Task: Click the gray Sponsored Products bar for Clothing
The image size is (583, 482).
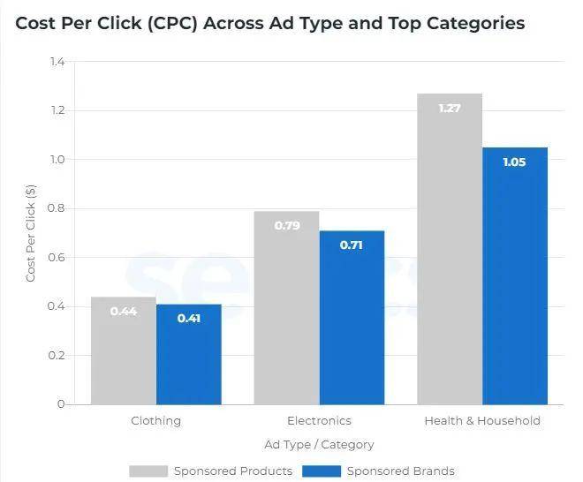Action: coord(124,353)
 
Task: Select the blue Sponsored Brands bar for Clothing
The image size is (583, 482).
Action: coord(189,358)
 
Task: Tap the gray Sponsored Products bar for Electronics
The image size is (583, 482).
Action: coord(286,309)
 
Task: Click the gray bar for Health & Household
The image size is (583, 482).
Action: coord(450,256)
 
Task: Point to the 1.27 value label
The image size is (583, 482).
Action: coord(450,109)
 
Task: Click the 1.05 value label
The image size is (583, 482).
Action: coord(514,162)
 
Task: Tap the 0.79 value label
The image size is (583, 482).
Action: coord(287,226)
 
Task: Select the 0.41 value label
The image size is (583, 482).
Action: coord(189,318)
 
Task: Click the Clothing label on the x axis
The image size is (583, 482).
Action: coord(155,421)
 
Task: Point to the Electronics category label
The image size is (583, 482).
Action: coord(319,421)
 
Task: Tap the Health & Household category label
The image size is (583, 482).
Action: coord(482,421)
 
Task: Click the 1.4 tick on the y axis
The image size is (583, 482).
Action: coord(57,62)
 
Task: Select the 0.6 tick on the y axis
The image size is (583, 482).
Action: coord(57,258)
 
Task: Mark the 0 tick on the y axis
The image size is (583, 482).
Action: coord(61,404)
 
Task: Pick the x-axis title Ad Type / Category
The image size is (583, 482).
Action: coord(319,445)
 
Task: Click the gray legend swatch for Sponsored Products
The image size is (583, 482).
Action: coord(148,471)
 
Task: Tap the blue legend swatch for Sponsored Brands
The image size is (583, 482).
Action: coord(322,471)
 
